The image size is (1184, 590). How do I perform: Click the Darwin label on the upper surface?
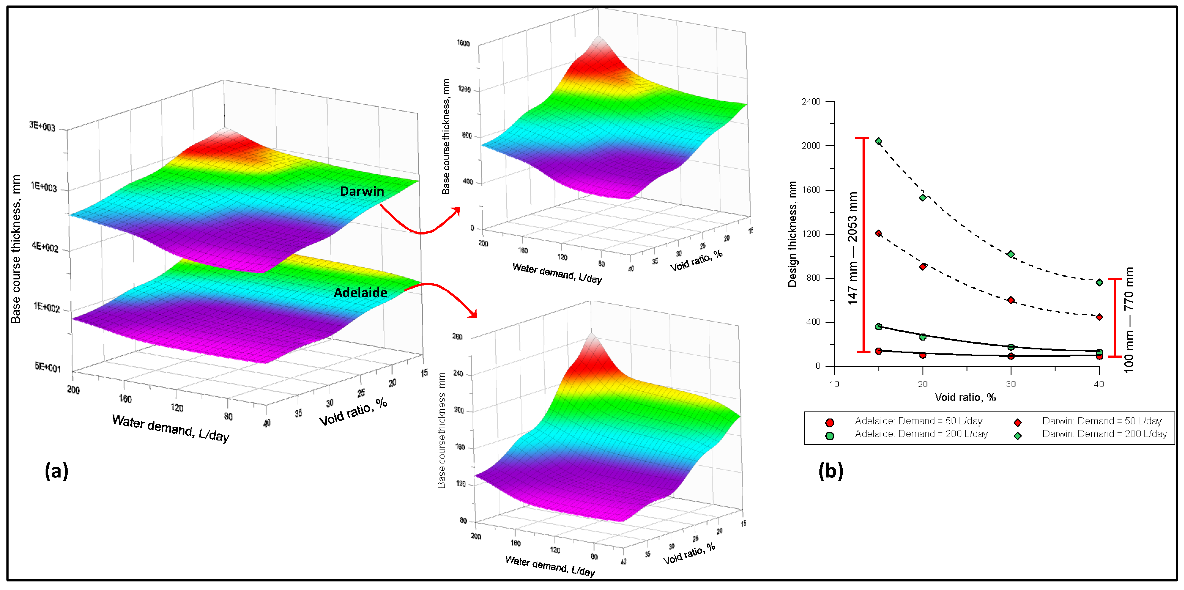[x=362, y=191]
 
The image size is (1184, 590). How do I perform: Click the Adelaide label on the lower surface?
[x=360, y=293]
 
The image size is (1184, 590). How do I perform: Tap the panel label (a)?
[x=57, y=471]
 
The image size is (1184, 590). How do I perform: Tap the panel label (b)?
[x=830, y=471]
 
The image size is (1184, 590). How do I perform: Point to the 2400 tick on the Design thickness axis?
[x=811, y=101]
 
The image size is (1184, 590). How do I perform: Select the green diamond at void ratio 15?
[x=878, y=141]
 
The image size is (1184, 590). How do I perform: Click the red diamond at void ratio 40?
[x=1099, y=317]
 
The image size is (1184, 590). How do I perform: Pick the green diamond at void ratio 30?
[x=1011, y=254]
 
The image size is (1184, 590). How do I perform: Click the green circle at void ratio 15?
[x=878, y=327]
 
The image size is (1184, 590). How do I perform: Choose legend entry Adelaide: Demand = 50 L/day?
[x=918, y=421]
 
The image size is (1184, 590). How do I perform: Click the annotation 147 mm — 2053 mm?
[x=853, y=248]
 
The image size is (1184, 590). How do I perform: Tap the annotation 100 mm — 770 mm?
[x=1129, y=320]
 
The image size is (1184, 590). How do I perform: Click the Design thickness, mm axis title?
[x=792, y=234]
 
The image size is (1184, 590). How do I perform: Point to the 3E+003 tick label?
[x=42, y=126]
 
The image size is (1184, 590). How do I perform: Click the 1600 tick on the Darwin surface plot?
[x=463, y=43]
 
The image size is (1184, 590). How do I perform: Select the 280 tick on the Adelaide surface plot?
[x=457, y=337]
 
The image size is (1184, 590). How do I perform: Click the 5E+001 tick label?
[x=47, y=367]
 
